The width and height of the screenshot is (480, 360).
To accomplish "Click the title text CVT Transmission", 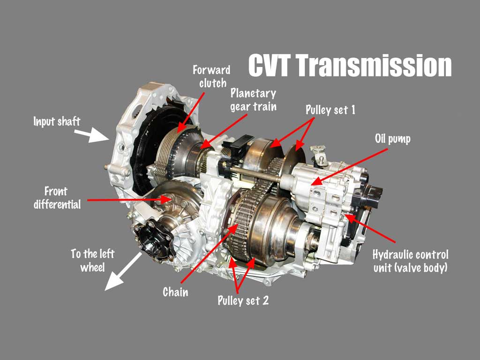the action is tap(350, 65).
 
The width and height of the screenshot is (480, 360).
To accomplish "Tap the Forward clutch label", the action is tap(211, 76).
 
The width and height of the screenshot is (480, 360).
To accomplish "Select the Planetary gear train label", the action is tap(254, 100).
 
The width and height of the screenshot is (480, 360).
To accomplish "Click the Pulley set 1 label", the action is tap(330, 110).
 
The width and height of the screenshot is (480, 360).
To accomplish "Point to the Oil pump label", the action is tap(393, 139).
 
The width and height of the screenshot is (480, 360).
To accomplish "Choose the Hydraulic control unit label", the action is tap(411, 261).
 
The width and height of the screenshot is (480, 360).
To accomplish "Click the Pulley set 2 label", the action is tap(243, 300).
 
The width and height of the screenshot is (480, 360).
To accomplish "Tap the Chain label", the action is tap(175, 292).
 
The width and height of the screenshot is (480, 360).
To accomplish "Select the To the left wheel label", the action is tap(92, 261).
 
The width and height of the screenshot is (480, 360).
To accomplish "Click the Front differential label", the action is tap(57, 198).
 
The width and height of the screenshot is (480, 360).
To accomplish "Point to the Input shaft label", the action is tap(57, 121).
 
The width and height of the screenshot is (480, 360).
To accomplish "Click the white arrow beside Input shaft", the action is tap(92, 135).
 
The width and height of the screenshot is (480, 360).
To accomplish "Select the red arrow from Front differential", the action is tap(129, 200).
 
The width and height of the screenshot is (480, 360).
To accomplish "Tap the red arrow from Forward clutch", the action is tap(191, 112).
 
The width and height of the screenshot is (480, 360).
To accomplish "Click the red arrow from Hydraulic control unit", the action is tap(369, 228).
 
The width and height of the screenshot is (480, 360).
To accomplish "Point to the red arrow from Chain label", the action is tap(210, 254).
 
